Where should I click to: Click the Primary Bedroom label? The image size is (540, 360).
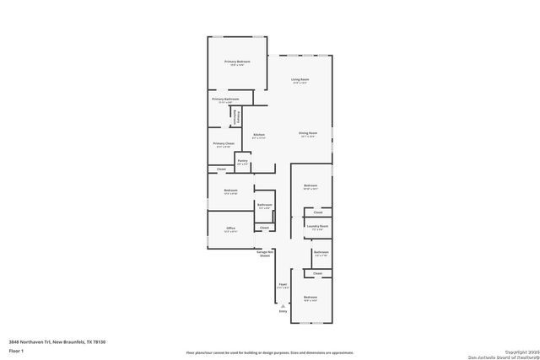[x=237, y=62]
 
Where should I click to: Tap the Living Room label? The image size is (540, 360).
[x=300, y=80]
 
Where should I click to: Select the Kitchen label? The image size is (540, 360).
[x=259, y=135]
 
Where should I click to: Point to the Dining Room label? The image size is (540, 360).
[x=307, y=133]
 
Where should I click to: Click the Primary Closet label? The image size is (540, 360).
[x=224, y=143]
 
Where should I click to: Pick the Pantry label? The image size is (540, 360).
[x=242, y=160]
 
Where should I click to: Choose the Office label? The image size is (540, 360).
[x=230, y=228]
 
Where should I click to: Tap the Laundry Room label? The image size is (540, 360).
[x=317, y=226]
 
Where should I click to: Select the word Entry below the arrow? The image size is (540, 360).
[x=283, y=312]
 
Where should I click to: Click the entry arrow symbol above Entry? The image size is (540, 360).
[x=283, y=304]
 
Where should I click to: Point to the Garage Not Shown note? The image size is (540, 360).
[x=264, y=254]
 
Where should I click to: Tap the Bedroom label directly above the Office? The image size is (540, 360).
[x=230, y=191]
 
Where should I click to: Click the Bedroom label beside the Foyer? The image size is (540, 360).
[x=310, y=298]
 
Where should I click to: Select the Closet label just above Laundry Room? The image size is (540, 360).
[x=317, y=212]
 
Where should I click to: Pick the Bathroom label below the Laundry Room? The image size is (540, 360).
[x=321, y=252]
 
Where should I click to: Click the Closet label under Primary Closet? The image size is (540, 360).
[x=221, y=169]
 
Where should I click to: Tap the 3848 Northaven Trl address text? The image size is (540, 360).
[x=57, y=341]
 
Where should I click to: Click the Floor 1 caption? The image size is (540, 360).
[x=16, y=349]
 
